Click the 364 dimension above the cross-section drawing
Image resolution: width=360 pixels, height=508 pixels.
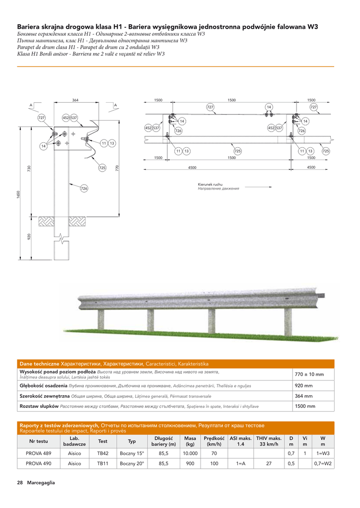(75, 100)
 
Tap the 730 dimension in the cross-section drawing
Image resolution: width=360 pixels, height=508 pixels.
(29, 169)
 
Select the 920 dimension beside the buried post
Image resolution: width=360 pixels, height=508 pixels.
(29, 237)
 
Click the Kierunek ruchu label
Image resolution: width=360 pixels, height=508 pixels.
(210, 185)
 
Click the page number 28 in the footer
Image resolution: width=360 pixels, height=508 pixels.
(20, 483)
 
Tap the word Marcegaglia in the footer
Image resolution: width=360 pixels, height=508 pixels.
(41, 483)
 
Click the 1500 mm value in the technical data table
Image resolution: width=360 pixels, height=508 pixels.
(305, 406)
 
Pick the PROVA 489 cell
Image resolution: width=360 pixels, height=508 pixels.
(39, 453)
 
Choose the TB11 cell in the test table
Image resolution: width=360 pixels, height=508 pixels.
(103, 464)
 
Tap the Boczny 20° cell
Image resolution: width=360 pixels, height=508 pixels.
(132, 464)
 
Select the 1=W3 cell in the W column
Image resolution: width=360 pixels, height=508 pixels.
(323, 453)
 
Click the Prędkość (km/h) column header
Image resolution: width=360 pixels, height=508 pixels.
(214, 441)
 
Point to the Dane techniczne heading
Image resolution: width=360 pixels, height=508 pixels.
(39, 364)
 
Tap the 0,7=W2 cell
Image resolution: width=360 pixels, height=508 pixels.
(323, 464)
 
